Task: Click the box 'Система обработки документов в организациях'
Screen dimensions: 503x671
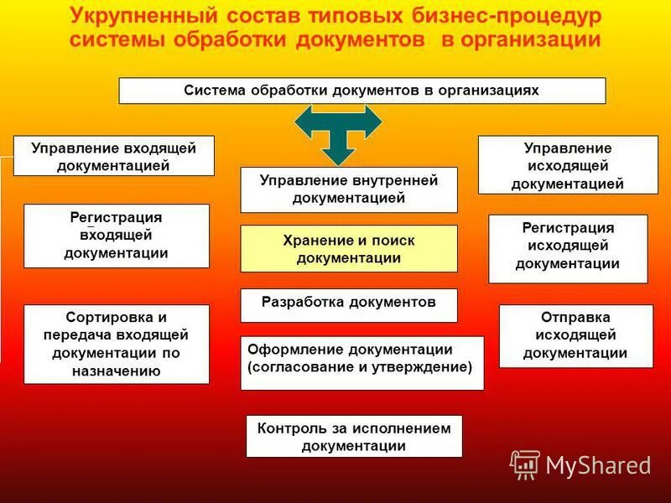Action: tap(362, 91)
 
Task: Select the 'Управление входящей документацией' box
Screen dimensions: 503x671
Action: tap(113, 156)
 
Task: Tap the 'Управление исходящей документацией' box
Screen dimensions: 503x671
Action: tap(567, 165)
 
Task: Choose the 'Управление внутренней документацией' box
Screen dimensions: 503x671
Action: tap(349, 189)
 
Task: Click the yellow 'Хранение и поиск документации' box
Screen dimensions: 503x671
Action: tap(349, 249)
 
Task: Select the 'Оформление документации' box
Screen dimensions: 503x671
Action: tap(362, 362)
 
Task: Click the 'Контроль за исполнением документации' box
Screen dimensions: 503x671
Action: tap(354, 436)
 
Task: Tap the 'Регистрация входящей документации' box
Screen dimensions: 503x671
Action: tap(117, 236)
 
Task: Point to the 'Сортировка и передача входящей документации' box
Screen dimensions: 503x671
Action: tap(117, 344)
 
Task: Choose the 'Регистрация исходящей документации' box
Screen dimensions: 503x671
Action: tap(568, 248)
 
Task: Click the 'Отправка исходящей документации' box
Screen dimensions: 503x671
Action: tap(575, 335)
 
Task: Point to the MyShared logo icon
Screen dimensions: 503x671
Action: tap(525, 464)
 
